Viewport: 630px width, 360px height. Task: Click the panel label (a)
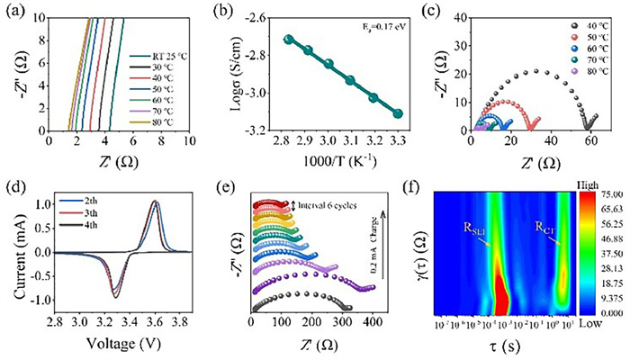coord(14,10)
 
